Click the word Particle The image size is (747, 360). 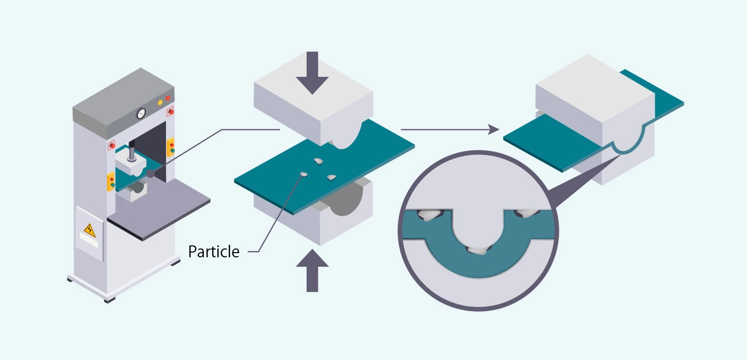pyautogui.click(x=214, y=252)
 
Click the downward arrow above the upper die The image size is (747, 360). pyautogui.click(x=312, y=72)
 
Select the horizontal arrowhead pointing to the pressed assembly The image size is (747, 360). pyautogui.click(x=494, y=130)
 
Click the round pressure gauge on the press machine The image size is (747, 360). pyautogui.click(x=141, y=113)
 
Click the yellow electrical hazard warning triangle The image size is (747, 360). pyautogui.click(x=90, y=229)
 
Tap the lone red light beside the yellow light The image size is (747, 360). pyautogui.click(x=168, y=98)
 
